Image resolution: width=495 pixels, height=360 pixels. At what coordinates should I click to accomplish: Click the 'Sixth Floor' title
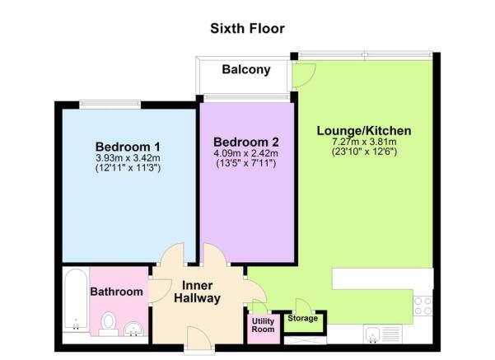tap(247, 29)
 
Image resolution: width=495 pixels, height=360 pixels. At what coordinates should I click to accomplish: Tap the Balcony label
tap(246, 70)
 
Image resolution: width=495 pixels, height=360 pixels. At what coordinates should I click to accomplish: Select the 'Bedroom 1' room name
tap(127, 147)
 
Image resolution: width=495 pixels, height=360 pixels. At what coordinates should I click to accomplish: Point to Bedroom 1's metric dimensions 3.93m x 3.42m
tap(127, 157)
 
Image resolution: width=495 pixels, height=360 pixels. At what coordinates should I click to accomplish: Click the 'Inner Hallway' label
tap(197, 292)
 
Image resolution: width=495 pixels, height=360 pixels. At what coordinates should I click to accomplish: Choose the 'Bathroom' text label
tap(117, 292)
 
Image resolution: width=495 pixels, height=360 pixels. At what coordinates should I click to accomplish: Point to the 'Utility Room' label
tap(263, 325)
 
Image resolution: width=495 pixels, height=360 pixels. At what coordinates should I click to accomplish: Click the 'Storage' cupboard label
tap(302, 317)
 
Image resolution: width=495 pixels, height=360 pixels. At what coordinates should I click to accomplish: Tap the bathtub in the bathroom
tap(75, 299)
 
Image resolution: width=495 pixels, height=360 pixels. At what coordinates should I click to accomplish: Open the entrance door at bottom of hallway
tap(198, 338)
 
